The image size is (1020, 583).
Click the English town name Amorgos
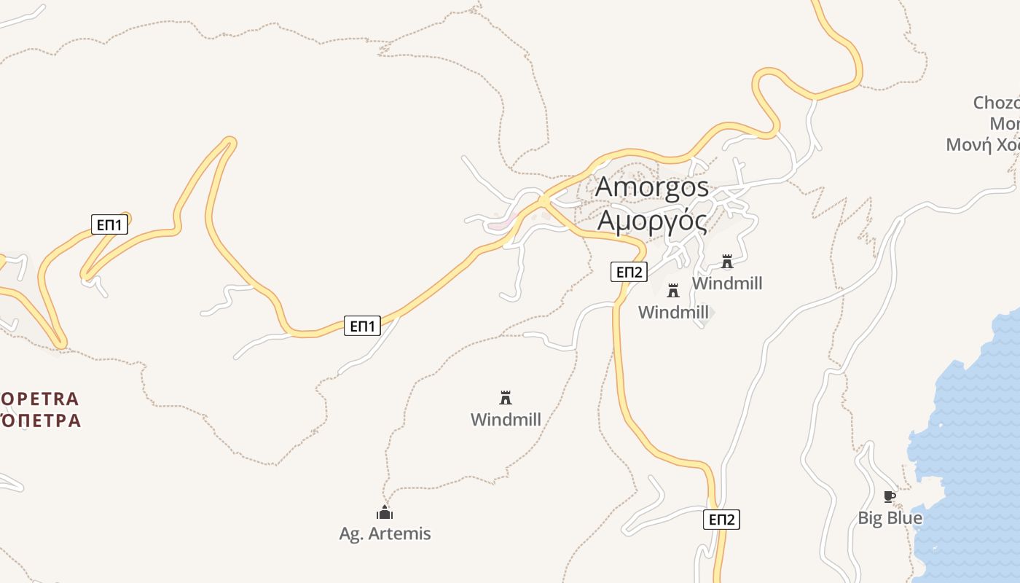pos(652,187)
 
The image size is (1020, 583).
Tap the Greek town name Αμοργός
pos(652,220)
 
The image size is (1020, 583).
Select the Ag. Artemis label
pos(385,533)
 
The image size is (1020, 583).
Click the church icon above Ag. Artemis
pos(385,512)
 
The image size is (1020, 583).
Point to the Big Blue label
pos(890,518)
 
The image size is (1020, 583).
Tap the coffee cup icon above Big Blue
pos(889,497)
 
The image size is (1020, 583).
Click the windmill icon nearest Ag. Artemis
pos(506,398)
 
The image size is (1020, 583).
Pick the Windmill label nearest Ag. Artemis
pos(506,420)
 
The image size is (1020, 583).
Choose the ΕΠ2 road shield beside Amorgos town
pos(629,273)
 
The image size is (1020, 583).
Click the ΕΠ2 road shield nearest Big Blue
pos(721,520)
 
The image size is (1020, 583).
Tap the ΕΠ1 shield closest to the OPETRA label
pos(109,224)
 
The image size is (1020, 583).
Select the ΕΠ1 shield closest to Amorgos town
pos(362,326)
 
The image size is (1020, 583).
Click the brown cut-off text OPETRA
pos(40,399)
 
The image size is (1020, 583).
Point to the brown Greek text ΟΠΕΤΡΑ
pos(40,420)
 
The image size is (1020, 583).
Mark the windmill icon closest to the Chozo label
pos(726,262)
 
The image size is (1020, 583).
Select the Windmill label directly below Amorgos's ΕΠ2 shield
pos(673,313)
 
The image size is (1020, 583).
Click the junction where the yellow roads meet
pos(544,200)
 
